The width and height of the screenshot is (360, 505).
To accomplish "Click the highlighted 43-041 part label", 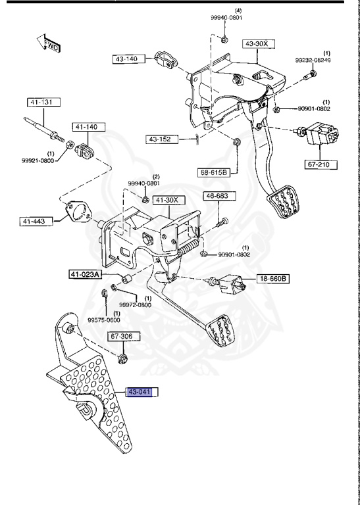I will pos(143,393).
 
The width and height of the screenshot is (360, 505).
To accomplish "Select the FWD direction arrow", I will pos(49,45).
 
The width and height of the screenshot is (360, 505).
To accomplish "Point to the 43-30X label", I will pos(256,44).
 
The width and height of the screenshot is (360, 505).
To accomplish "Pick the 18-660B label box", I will pos(272,278).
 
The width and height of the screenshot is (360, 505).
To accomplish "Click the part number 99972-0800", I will pos(136,304).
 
